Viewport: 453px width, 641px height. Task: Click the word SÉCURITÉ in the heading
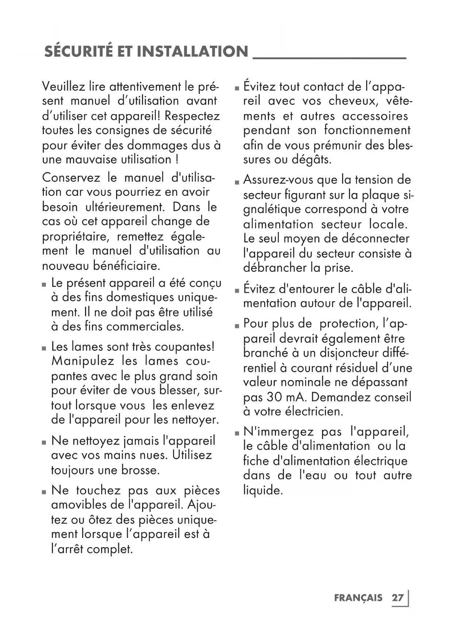(x=78, y=52)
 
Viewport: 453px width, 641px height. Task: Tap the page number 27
(x=398, y=598)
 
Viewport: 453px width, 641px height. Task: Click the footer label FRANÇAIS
(x=358, y=598)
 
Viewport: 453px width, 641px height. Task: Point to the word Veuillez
(x=64, y=87)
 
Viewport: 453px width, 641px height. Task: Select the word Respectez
(x=192, y=116)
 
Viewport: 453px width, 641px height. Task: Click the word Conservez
(x=71, y=178)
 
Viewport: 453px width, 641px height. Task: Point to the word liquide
(x=263, y=490)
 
